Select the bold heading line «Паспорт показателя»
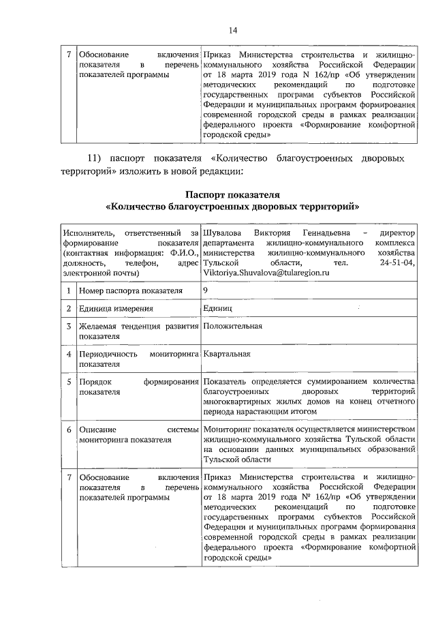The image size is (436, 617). point(232,196)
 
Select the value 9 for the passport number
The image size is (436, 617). point(206,290)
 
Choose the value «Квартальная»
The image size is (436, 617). point(227,354)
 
